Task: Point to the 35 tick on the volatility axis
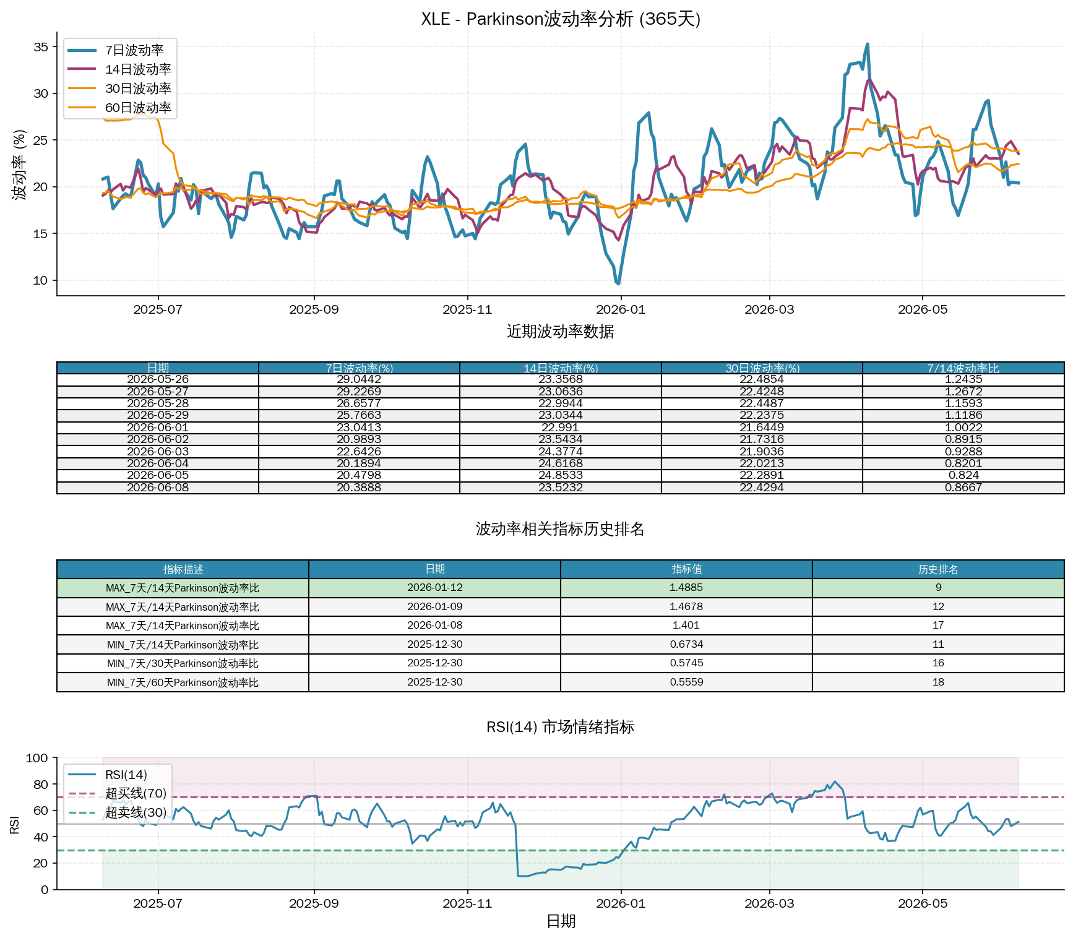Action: point(41,47)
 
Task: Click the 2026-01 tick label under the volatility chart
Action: point(621,309)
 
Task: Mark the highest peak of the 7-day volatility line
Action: point(868,44)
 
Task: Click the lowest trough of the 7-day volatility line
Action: point(618,283)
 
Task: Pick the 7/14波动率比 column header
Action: point(963,368)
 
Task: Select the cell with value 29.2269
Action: point(359,392)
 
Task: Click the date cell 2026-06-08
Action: point(158,488)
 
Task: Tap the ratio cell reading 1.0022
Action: point(963,428)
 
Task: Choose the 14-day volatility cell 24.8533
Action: point(561,475)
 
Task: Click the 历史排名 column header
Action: point(938,569)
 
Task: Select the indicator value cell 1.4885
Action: point(686,588)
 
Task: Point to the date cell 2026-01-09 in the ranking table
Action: point(434,607)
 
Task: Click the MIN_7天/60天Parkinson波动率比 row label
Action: point(183,682)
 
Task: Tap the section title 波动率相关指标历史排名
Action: point(560,529)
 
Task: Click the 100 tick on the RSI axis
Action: point(37,758)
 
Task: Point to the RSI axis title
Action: point(15,825)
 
